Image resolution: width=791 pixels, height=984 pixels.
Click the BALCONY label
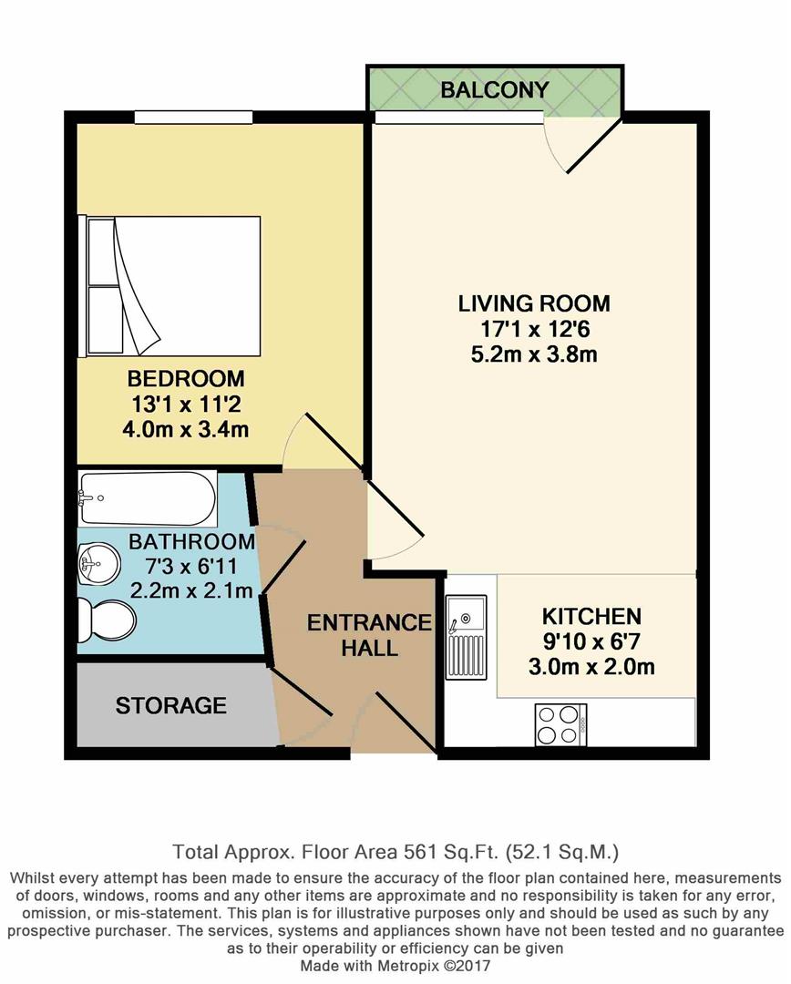pos(495,89)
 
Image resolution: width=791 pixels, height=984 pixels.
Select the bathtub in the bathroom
pos(148,498)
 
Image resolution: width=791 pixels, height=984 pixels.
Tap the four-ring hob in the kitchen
pos(560,725)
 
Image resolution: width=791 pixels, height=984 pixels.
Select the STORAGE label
pos(170,705)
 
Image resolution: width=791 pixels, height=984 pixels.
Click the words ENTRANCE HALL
pos(368,635)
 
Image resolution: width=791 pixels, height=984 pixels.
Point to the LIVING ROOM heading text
pos(533,303)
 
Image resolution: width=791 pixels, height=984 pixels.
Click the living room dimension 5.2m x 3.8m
pos(533,354)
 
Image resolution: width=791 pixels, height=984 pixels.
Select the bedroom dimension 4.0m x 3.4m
pos(185,428)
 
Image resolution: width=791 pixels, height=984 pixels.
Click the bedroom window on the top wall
pos(193,116)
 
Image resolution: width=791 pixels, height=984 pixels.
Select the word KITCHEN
pos(591,616)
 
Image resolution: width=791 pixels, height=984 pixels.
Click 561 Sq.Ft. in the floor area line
pos(452,853)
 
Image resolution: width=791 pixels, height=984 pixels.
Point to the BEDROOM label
pos(185,378)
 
